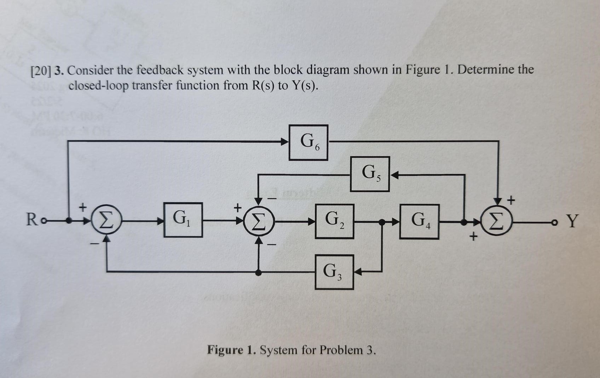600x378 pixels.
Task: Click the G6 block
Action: point(308,142)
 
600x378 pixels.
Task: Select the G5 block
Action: point(370,174)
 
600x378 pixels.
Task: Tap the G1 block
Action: point(183,220)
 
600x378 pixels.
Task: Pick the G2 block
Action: point(334,221)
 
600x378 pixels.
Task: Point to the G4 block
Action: point(419,221)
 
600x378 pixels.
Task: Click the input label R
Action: point(32,220)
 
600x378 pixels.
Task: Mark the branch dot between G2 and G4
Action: point(382,222)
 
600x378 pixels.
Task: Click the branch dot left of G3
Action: point(259,272)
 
